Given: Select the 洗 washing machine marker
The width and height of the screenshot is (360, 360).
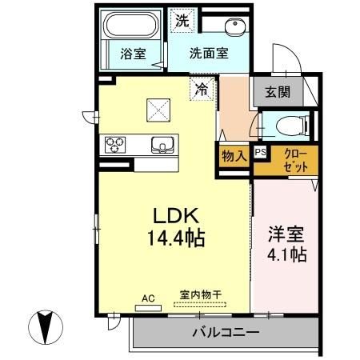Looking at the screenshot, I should point(183,22).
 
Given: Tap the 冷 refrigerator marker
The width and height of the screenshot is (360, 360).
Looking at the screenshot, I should point(202,90).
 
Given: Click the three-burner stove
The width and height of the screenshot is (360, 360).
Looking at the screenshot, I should point(114,145).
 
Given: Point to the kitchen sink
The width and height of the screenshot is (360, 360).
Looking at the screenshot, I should point(163,145).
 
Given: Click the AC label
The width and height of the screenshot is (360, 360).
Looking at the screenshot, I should point(147,298).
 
